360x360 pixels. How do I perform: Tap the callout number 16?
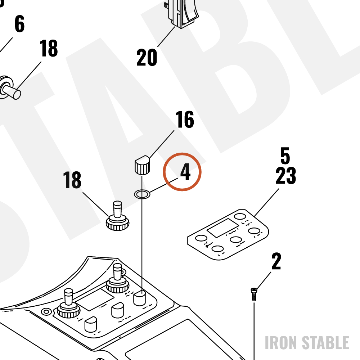pos(185,120)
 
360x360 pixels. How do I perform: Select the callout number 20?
pos(147,57)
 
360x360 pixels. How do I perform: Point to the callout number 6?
pos(19,24)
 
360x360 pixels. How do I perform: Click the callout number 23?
pos(286,176)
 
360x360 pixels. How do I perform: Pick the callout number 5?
pos(285,156)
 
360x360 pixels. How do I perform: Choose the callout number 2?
pos(276,261)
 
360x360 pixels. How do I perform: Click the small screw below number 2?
pos(254,294)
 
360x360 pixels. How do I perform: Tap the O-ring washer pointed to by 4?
pos(142,194)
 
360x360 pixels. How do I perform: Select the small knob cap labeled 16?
pos(142,165)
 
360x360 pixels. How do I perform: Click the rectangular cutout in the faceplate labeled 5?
pos(223,228)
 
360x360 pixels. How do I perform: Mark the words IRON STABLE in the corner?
pos(307,343)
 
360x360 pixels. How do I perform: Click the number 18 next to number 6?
pos(49,48)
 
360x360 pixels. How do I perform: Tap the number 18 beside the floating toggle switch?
pos(72,180)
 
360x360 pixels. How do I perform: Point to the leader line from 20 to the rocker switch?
pos(166,37)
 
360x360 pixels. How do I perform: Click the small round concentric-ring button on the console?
pos(46,312)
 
